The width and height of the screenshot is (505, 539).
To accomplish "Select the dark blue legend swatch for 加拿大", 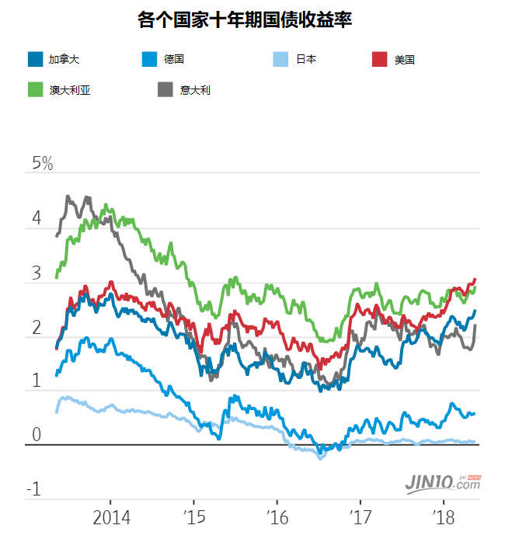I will tap(36, 59).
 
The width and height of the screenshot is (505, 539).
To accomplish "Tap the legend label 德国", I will tap(174, 59).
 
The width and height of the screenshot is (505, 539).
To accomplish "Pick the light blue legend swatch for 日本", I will tap(284, 59).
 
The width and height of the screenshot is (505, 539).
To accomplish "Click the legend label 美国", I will tap(405, 59).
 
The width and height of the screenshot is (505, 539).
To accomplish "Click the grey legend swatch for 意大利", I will tap(165, 90).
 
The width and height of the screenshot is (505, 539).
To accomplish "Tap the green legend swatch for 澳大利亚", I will tap(36, 90).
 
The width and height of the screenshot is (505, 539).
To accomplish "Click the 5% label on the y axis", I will tap(42, 164).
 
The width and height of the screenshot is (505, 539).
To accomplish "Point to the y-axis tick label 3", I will tap(36, 273).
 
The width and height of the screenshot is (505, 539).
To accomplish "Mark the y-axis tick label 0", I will tap(36, 434).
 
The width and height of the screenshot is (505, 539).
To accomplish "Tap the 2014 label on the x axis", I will tap(111, 517).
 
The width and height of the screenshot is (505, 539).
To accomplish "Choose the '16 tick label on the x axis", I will tap(277, 517).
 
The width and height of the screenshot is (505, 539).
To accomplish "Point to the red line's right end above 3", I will tap(475, 279).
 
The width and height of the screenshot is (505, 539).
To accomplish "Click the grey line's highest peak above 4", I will tap(68, 196).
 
